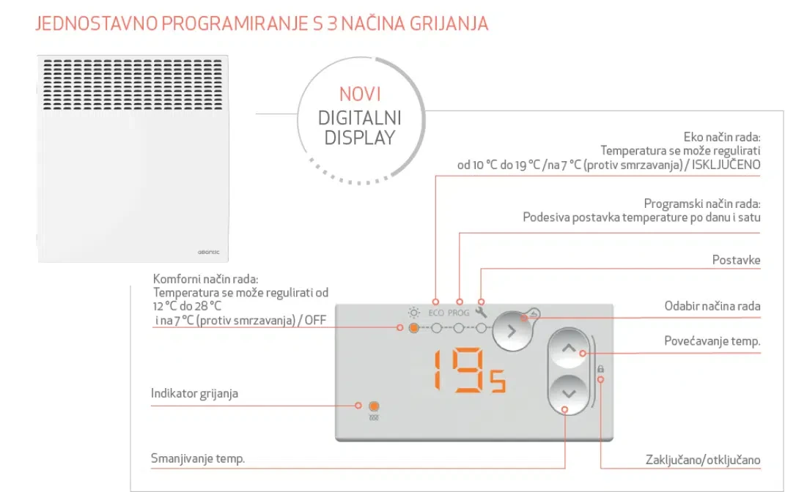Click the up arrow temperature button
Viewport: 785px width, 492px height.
coord(569,348)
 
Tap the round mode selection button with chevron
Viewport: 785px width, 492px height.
coord(512,331)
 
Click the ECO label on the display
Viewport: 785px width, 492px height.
coord(436,313)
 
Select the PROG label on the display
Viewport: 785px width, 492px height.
coord(458,313)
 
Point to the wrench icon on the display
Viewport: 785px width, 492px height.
coord(481,313)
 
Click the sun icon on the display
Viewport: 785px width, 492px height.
coord(413,313)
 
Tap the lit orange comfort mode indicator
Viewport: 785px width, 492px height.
coord(413,329)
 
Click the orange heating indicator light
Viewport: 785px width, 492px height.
coord(374,406)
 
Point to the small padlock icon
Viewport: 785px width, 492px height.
coord(600,369)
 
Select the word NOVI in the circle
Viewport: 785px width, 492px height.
coord(360,94)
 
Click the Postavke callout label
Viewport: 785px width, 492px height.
coord(736,260)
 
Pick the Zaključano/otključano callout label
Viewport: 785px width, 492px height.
coord(703,460)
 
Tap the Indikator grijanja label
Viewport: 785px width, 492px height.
coord(195,394)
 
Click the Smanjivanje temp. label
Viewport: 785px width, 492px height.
coord(198,458)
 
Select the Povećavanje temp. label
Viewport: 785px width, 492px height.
coord(712,341)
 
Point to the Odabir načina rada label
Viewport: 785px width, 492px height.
coord(712,306)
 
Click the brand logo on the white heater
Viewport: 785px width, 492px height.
coord(208,252)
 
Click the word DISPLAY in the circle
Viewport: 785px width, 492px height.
coord(360,138)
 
